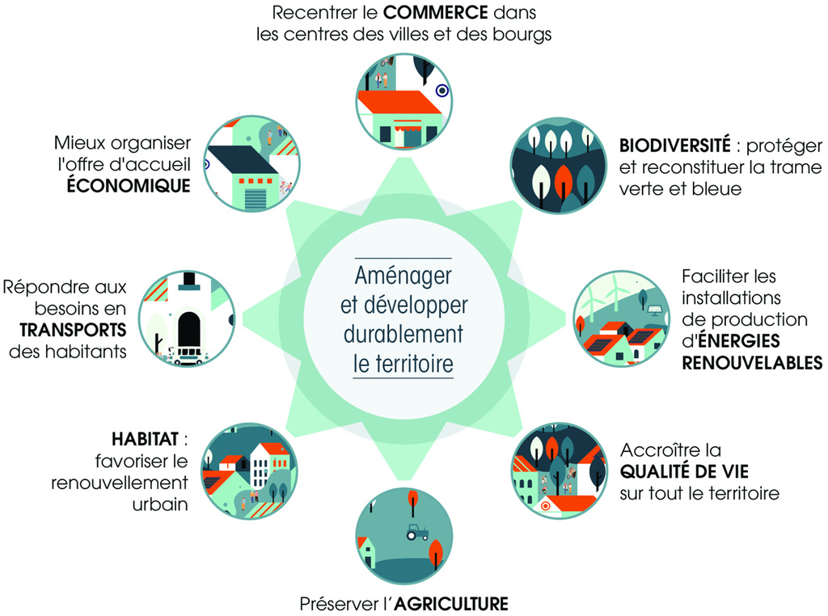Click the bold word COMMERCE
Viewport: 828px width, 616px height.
(x=436, y=12)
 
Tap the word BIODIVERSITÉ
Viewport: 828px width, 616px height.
(x=675, y=145)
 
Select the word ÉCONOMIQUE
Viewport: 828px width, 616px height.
(x=129, y=185)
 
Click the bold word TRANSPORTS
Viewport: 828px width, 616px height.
(x=73, y=330)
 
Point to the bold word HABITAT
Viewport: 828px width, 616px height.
(x=146, y=439)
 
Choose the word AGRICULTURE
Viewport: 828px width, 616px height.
(x=451, y=603)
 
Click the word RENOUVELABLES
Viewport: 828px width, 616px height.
(x=752, y=363)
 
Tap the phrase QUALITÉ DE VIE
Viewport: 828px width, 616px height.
(x=684, y=471)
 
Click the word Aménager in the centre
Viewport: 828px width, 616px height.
(x=403, y=276)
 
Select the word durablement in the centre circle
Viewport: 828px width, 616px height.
(x=403, y=334)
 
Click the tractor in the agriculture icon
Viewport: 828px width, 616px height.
(x=416, y=532)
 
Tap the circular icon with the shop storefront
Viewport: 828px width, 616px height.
(x=404, y=101)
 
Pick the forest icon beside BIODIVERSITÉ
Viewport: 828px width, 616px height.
(x=559, y=165)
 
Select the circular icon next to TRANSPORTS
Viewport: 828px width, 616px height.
(x=187, y=319)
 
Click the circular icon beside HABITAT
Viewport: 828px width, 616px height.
(x=249, y=470)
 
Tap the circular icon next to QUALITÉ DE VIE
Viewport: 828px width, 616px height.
(x=560, y=470)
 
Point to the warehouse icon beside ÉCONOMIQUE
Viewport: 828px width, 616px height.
(x=252, y=163)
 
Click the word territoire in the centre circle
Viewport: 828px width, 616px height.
(x=414, y=364)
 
